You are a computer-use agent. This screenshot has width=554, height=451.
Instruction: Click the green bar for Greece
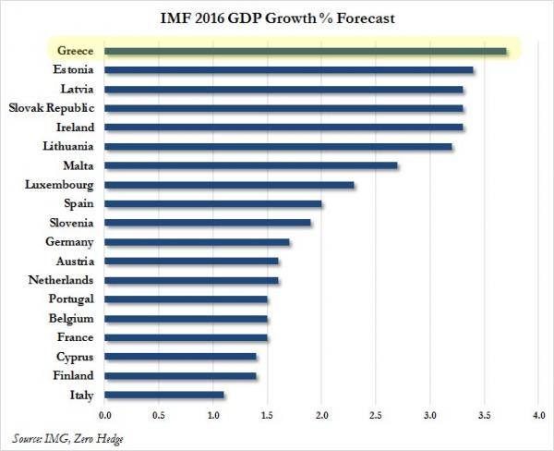point(305,51)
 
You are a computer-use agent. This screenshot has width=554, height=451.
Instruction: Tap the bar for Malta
point(250,165)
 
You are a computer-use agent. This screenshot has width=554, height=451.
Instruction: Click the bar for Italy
point(163,395)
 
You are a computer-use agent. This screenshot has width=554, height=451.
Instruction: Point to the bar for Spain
point(212,204)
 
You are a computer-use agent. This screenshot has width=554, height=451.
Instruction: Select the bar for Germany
point(197,242)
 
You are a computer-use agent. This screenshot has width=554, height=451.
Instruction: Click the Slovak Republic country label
point(52,108)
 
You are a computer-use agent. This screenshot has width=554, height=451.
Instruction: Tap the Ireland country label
point(75,128)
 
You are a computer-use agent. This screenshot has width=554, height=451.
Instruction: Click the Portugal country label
point(70,299)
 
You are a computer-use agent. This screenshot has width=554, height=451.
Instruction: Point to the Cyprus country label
point(75,357)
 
